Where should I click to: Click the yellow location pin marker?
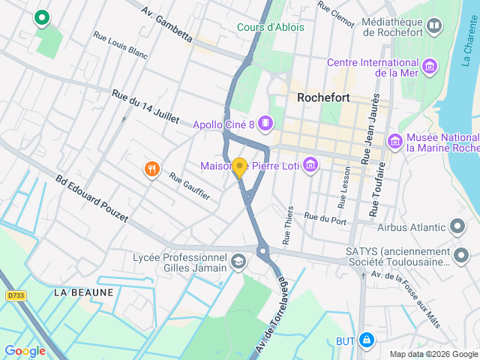pyautogui.click(x=239, y=167)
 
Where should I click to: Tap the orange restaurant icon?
pyautogui.click(x=152, y=169)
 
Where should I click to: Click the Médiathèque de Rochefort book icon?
pyautogui.click(x=433, y=28)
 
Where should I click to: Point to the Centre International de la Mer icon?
pyautogui.click(x=430, y=67)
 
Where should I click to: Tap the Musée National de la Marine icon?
pyautogui.click(x=394, y=141)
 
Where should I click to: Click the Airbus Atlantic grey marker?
pyautogui.click(x=457, y=226)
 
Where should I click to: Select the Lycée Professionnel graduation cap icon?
pyautogui.click(x=238, y=262)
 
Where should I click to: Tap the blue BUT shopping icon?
pyautogui.click(x=366, y=340)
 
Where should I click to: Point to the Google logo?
pyautogui.click(x=25, y=350)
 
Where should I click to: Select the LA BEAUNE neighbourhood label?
pyautogui.click(x=84, y=292)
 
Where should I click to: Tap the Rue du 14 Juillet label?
pyautogui.click(x=145, y=106)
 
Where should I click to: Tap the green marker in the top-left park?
pyautogui.click(x=42, y=17)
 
